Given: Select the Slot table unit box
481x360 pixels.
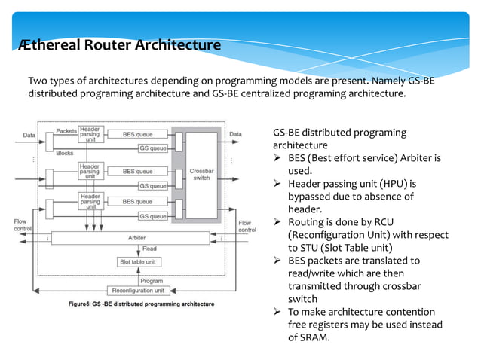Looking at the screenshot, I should click(137, 262).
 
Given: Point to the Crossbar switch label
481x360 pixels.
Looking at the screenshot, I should click(201, 175).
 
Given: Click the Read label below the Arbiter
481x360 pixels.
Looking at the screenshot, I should click(149, 249).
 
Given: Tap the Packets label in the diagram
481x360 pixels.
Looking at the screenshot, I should click(66, 130).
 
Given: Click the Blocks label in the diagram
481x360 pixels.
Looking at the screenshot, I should click(64, 152).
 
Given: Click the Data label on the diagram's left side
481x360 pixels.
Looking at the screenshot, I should click(29, 136).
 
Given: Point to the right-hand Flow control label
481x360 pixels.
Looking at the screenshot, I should click(246, 226).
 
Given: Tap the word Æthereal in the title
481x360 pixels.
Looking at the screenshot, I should click(47, 46).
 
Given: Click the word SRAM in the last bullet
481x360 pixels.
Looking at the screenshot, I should click(315, 337).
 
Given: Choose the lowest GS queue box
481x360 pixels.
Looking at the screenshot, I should click(153, 217).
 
